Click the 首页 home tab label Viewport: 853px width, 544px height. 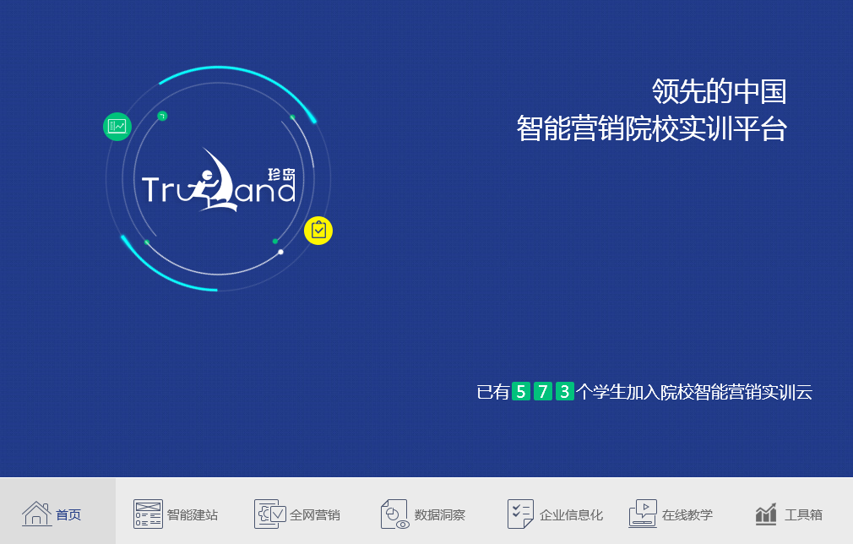[68, 514]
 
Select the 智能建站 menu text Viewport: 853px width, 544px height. [192, 514]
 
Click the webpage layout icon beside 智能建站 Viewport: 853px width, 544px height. [148, 514]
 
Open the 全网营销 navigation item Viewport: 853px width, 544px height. [314, 514]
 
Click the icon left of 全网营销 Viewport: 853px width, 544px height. [270, 514]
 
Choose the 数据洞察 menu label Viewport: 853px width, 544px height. [439, 514]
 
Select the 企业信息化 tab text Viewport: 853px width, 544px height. [571, 514]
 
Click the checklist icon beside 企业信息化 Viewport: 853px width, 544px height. [520, 514]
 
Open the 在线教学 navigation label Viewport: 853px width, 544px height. [687, 514]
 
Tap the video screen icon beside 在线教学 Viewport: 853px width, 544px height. [643, 514]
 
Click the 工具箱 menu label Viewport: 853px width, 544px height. [803, 514]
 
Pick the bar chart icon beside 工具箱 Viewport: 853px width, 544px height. [766, 514]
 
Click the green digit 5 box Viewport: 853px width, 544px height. [521, 391]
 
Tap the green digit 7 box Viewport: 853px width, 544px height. [543, 391]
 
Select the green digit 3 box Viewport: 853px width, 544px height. [565, 391]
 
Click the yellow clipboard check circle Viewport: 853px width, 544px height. [318, 230]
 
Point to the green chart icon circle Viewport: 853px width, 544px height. [117, 127]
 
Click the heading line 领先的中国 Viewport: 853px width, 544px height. [719, 90]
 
